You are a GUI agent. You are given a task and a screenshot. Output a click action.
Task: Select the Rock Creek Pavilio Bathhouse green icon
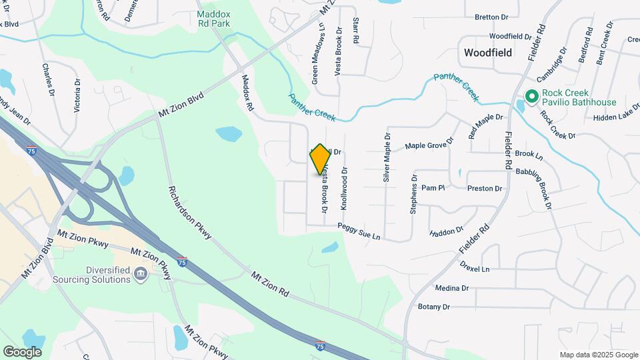point(531,97)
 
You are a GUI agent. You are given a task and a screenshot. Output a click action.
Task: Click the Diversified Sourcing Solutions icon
point(141,274)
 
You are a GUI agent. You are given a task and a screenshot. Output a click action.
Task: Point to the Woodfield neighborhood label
point(487,52)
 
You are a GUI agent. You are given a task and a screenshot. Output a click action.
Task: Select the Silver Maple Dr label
point(386,157)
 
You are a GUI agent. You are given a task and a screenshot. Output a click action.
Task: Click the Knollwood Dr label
point(344,189)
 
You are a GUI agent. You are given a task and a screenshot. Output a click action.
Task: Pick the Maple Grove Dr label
point(429,143)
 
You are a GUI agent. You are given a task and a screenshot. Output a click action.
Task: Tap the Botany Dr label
point(434,307)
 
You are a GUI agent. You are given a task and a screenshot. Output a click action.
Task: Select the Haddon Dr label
point(447,232)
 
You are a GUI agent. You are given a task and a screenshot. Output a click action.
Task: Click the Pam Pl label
point(433,188)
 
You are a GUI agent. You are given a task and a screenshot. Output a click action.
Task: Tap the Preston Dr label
point(485,189)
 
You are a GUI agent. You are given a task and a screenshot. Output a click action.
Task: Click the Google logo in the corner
point(22,351)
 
